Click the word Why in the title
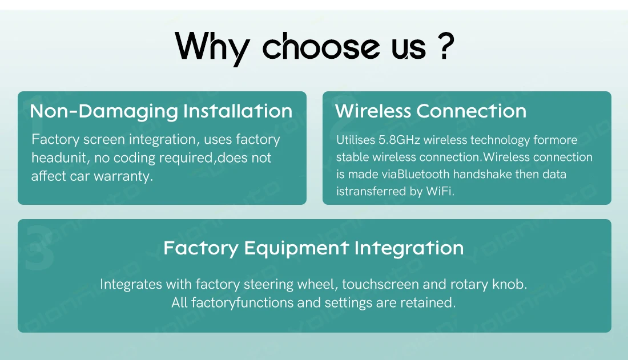pos(212,48)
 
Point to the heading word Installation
pos(238,111)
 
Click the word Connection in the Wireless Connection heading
pos(472,111)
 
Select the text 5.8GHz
pos(399,140)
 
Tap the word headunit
pos(59,158)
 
